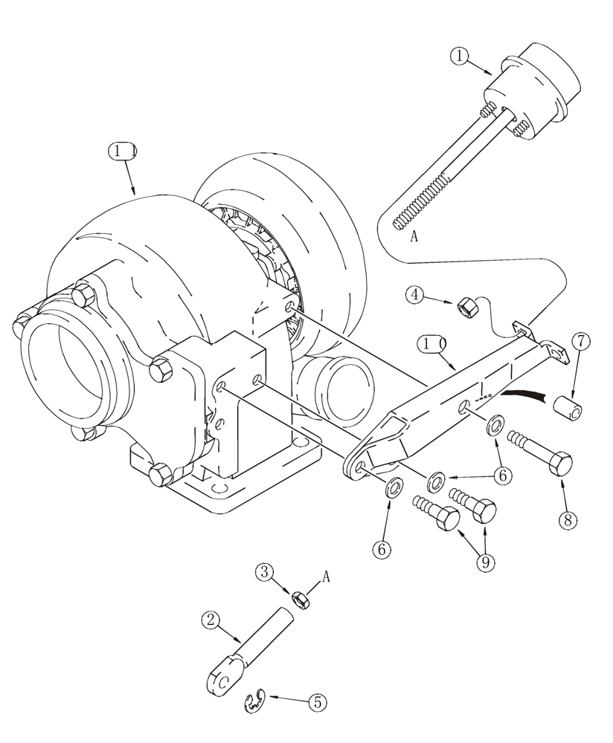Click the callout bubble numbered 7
582,343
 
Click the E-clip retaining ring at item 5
256,702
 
